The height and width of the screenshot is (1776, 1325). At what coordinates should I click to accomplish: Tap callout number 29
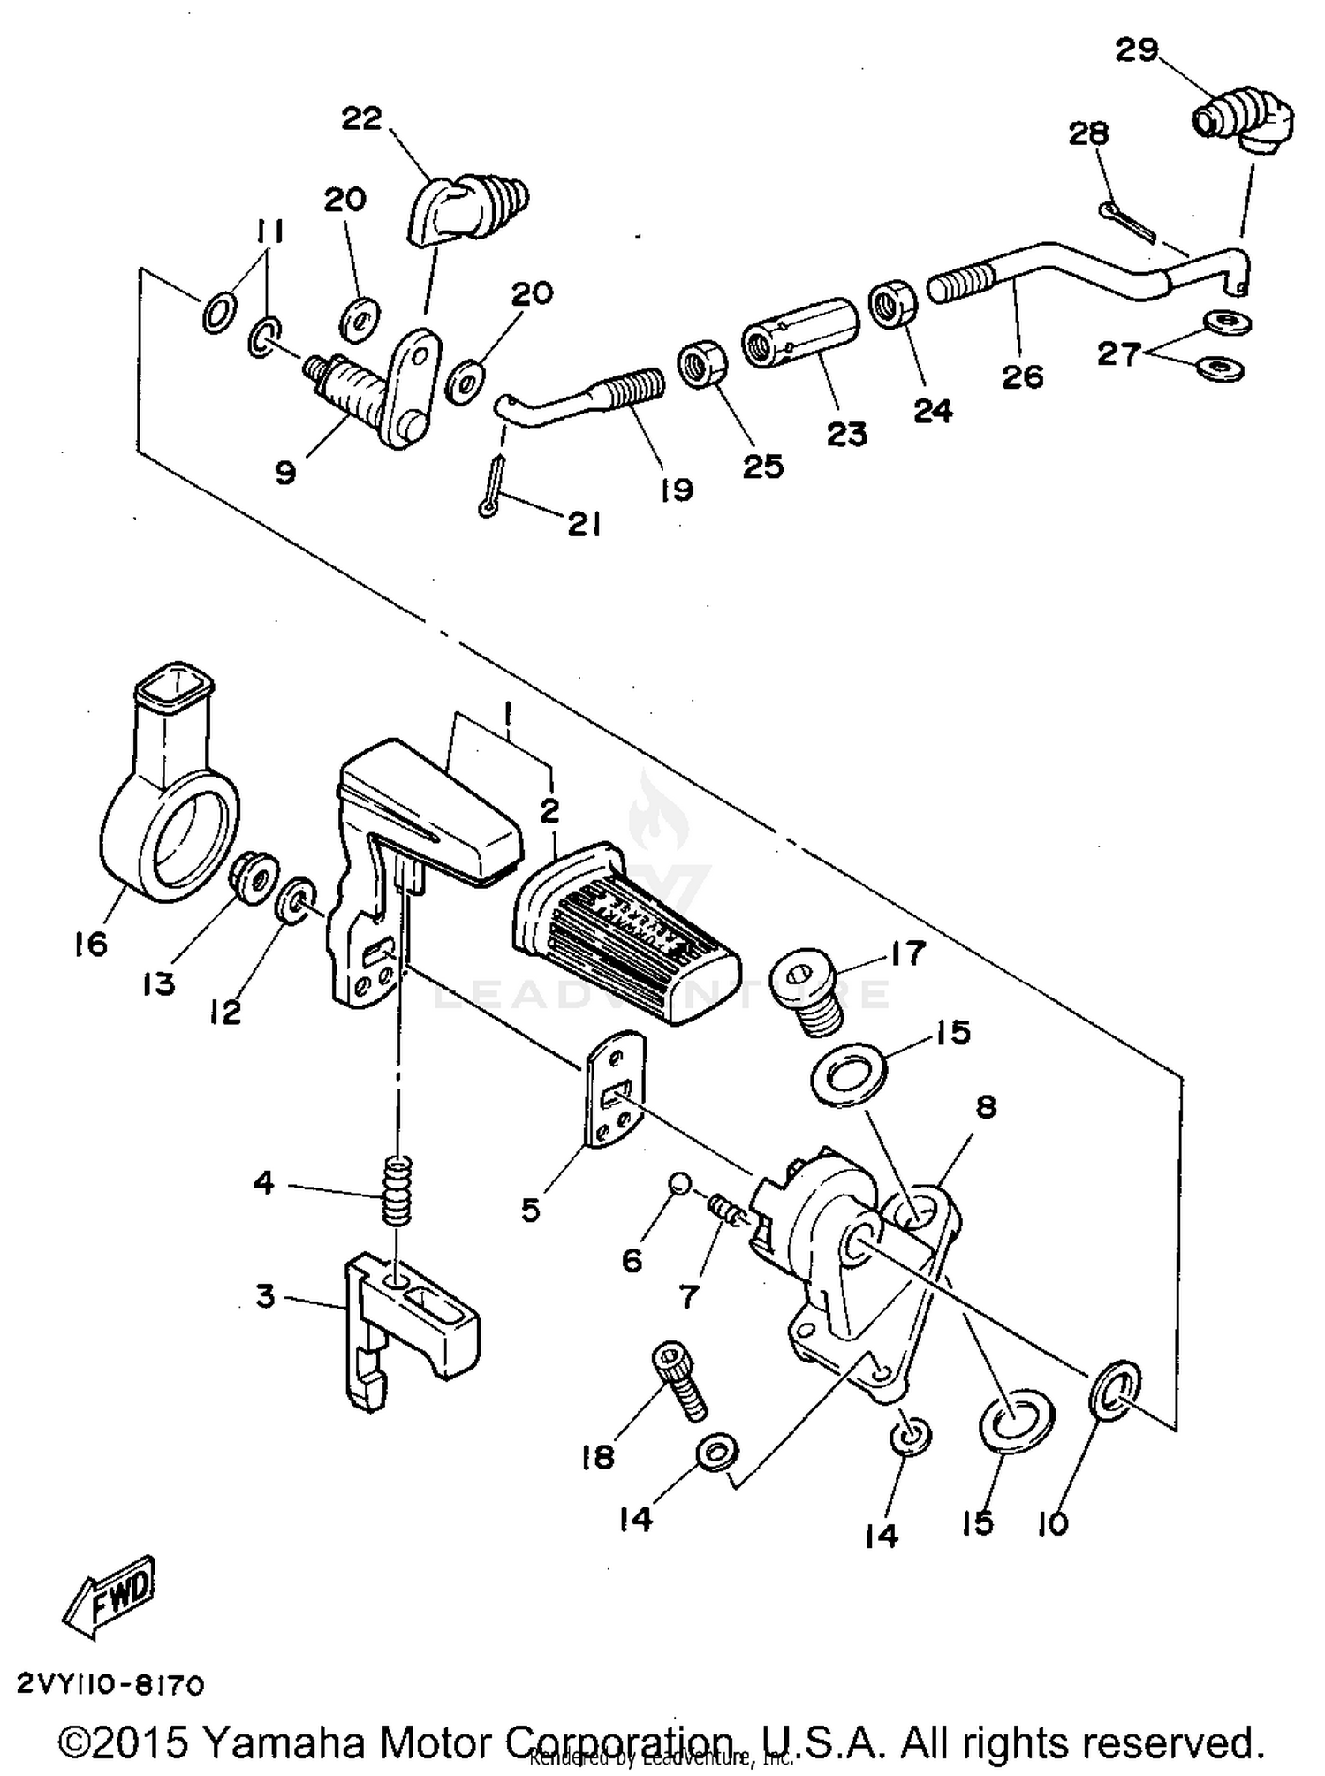coord(1136,50)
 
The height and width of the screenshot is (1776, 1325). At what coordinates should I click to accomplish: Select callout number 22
coord(361,118)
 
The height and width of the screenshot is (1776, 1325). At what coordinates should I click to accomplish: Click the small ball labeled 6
coord(678,1181)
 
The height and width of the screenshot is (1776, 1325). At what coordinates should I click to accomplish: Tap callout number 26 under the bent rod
coord(1023,377)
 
